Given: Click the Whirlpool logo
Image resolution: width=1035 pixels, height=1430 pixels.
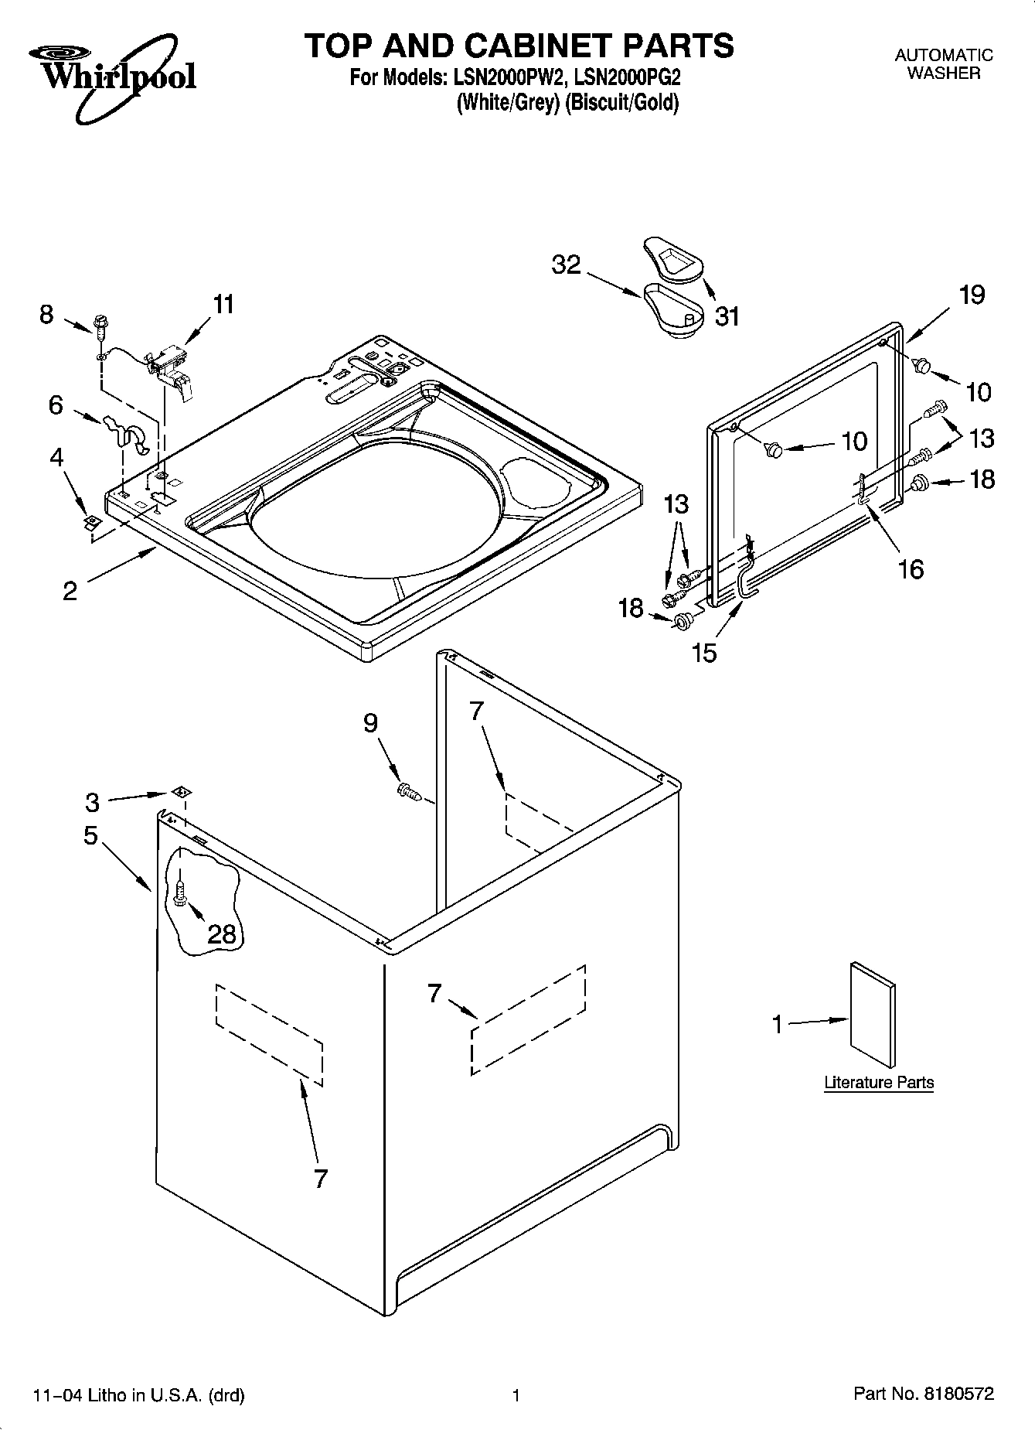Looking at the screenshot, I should pos(112,77).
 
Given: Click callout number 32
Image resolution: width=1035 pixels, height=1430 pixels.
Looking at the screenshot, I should pos(566,265).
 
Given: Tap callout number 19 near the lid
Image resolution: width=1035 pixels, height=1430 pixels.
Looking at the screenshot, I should pos(972,295).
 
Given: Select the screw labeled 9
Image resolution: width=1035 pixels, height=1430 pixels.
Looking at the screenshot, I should pos(407,790).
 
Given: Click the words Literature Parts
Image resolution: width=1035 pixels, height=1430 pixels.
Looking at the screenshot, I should pos(879,1083).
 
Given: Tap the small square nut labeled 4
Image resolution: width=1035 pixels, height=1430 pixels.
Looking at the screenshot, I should pos(91,522).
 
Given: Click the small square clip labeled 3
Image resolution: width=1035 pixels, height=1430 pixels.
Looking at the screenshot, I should pos(182,792).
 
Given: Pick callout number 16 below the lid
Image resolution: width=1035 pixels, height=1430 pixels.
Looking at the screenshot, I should pos(911,569).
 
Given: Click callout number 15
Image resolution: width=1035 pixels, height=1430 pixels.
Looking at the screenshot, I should pos(704,653).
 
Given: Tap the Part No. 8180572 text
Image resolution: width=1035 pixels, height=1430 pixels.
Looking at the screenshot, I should pos(923,1394).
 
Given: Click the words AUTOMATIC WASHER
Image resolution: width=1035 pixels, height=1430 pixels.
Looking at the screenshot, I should pos(943,64).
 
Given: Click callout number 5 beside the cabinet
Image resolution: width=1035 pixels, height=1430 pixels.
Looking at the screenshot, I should pos(91,835).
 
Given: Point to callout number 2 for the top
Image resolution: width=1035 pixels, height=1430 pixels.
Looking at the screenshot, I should pos(70,592).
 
